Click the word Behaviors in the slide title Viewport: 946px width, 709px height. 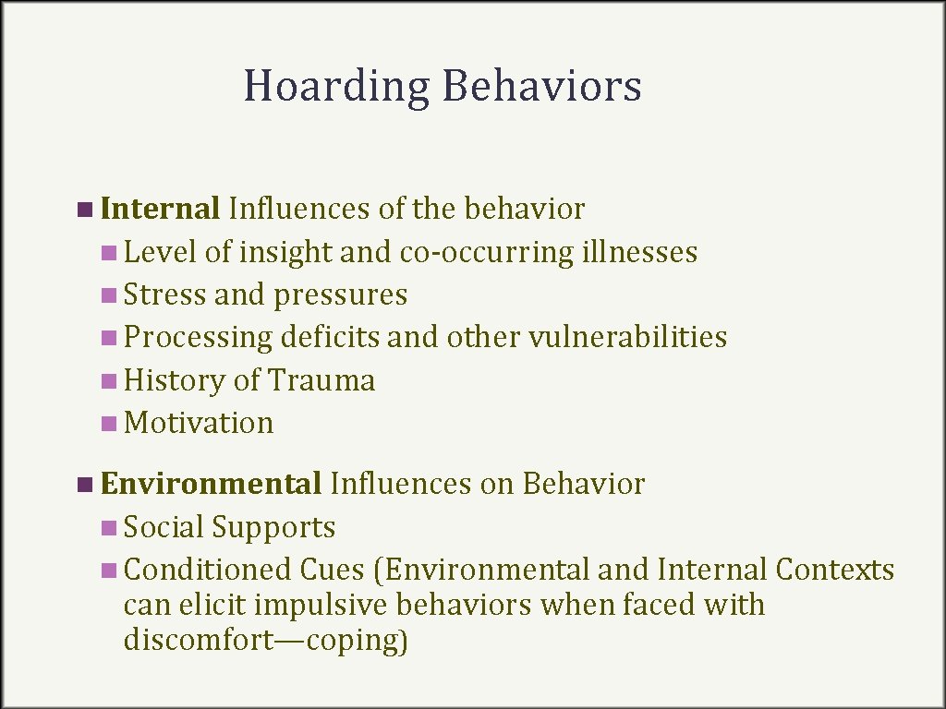click(541, 86)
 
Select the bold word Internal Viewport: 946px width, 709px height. click(160, 209)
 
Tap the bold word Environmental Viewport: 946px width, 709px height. click(211, 483)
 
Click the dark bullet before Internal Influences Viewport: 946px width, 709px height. click(85, 210)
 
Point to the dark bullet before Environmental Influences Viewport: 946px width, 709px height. click(85, 484)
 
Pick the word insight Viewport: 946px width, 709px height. click(285, 251)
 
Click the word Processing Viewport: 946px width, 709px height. click(199, 338)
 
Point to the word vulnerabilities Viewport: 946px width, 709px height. click(627, 337)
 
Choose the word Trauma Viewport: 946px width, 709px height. click(321, 380)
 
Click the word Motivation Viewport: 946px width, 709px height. click(199, 423)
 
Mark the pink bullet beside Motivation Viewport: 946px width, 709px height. click(110, 424)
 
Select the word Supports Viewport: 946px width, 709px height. click(273, 527)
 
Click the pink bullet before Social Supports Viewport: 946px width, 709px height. click(110, 528)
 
